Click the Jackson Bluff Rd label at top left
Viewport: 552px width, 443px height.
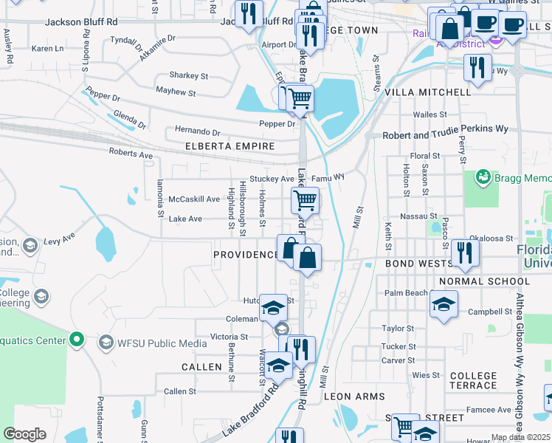(81, 22)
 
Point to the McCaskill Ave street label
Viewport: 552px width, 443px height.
(194, 199)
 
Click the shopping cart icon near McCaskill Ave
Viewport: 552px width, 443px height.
(305, 199)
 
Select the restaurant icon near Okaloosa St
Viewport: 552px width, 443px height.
(464, 253)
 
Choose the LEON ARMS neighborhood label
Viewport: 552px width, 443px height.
(354, 396)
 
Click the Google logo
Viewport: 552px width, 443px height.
(25, 434)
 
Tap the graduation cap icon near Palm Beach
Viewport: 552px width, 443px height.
(443, 303)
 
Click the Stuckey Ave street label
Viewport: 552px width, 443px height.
(272, 179)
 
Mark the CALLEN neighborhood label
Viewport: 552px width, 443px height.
(201, 367)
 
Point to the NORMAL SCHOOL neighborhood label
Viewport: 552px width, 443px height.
(484, 281)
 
